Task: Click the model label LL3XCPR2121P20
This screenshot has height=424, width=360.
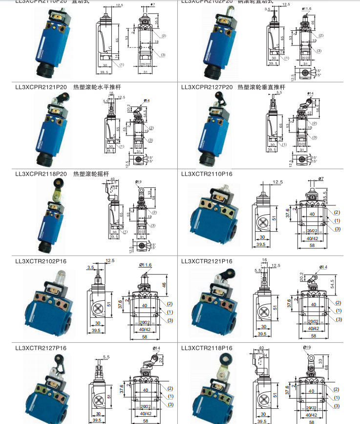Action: coord(41,88)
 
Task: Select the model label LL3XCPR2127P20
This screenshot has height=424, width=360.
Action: coord(207,88)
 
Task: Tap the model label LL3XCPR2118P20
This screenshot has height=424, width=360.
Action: coord(41,174)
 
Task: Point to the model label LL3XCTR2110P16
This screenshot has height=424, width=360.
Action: coord(207,174)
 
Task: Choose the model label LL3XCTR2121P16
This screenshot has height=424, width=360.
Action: coord(207,261)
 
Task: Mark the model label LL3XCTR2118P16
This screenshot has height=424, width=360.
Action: coord(207,348)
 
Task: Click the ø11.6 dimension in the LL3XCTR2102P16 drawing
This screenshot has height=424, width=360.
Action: coord(146,265)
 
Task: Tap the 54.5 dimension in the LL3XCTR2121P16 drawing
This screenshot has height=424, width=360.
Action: coord(333,284)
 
